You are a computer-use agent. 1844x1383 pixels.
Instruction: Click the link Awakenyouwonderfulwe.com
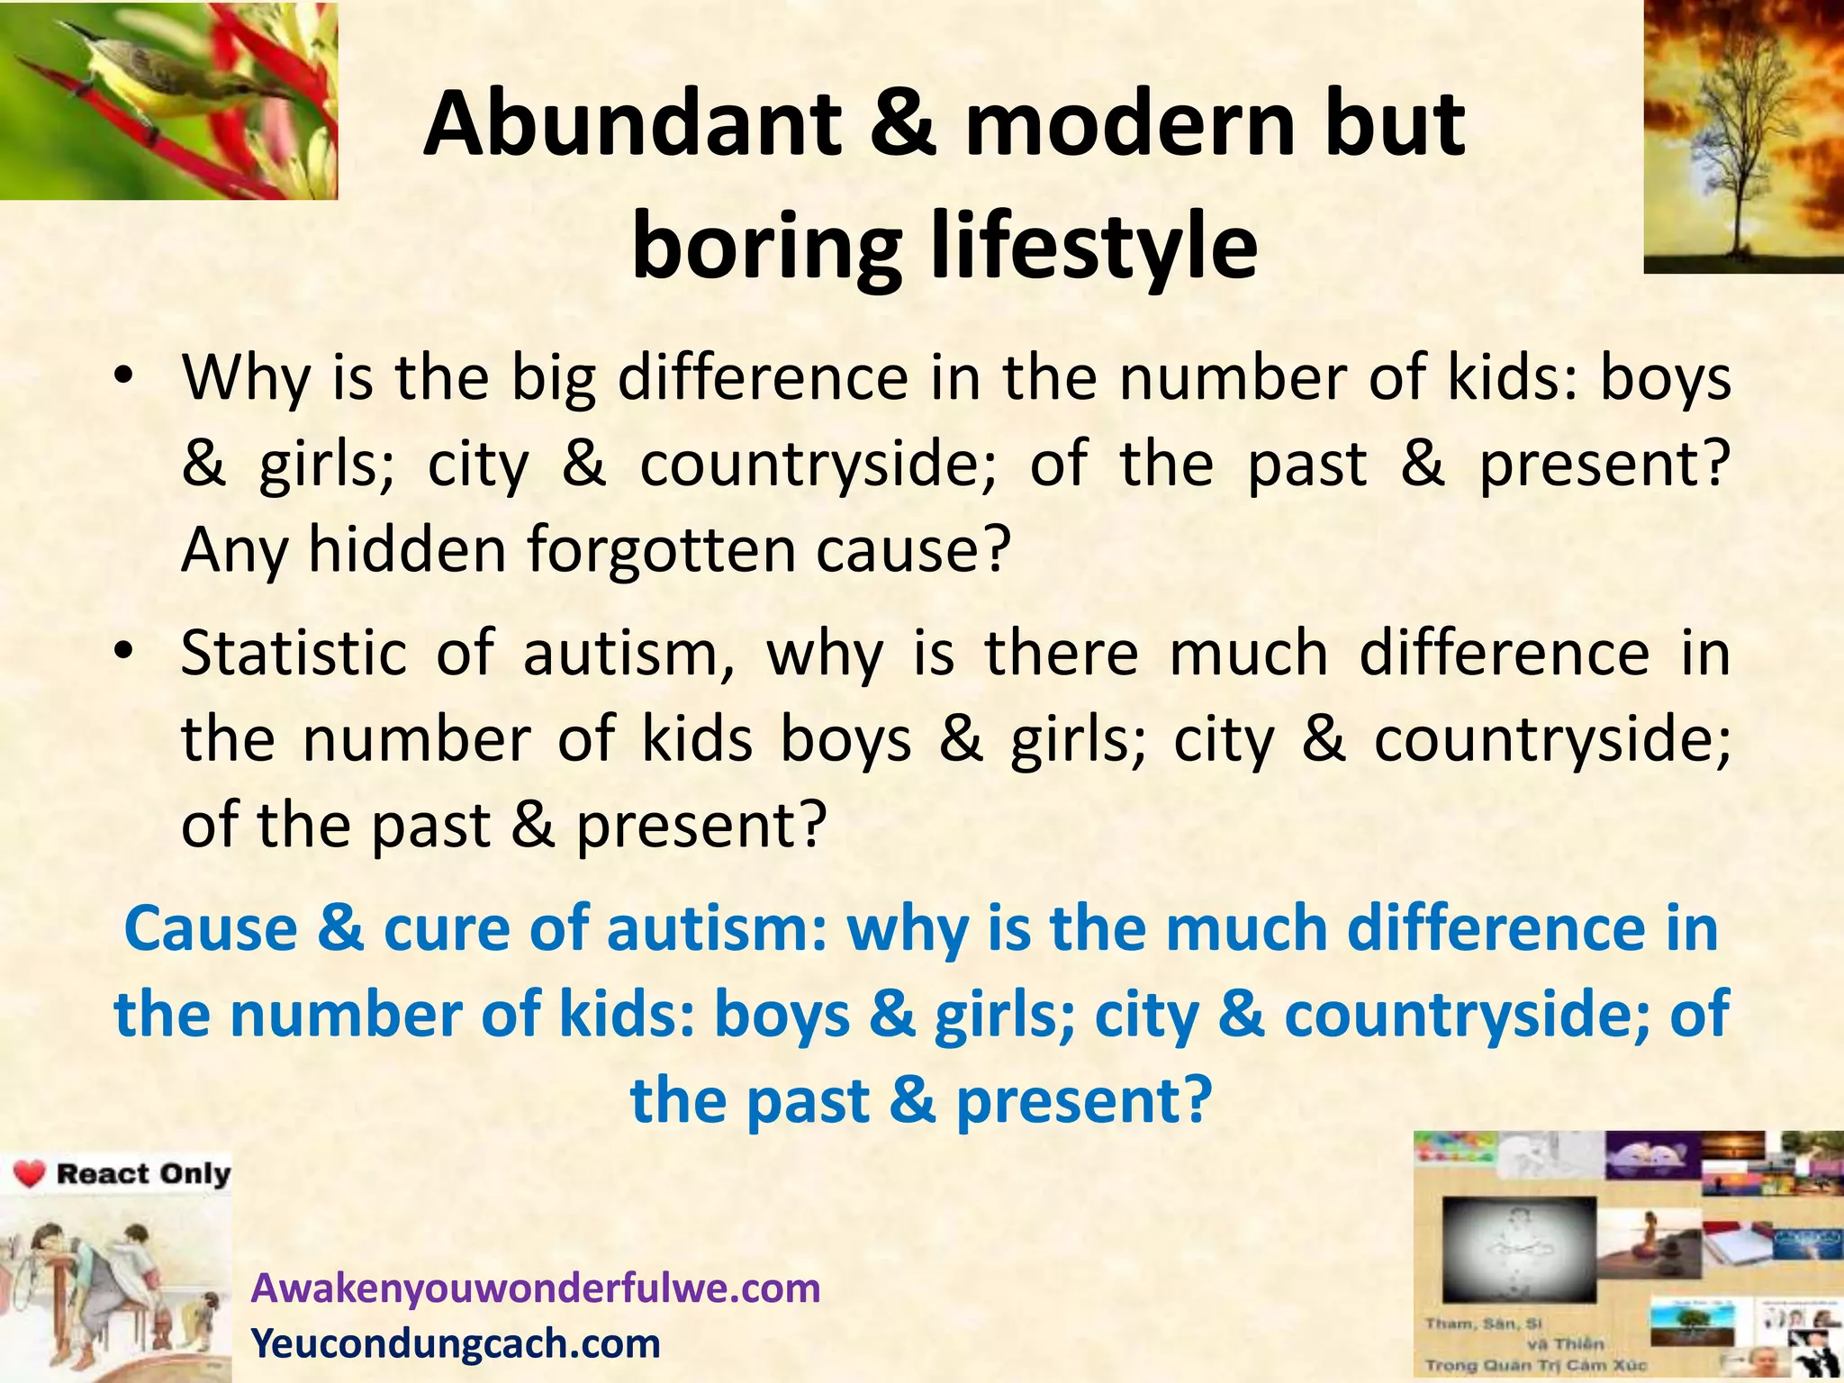click(x=536, y=1288)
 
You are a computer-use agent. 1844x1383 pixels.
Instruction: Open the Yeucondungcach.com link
click(x=456, y=1343)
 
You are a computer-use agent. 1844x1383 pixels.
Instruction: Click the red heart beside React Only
click(x=30, y=1175)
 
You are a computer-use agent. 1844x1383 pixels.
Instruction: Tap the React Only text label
click(x=143, y=1174)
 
